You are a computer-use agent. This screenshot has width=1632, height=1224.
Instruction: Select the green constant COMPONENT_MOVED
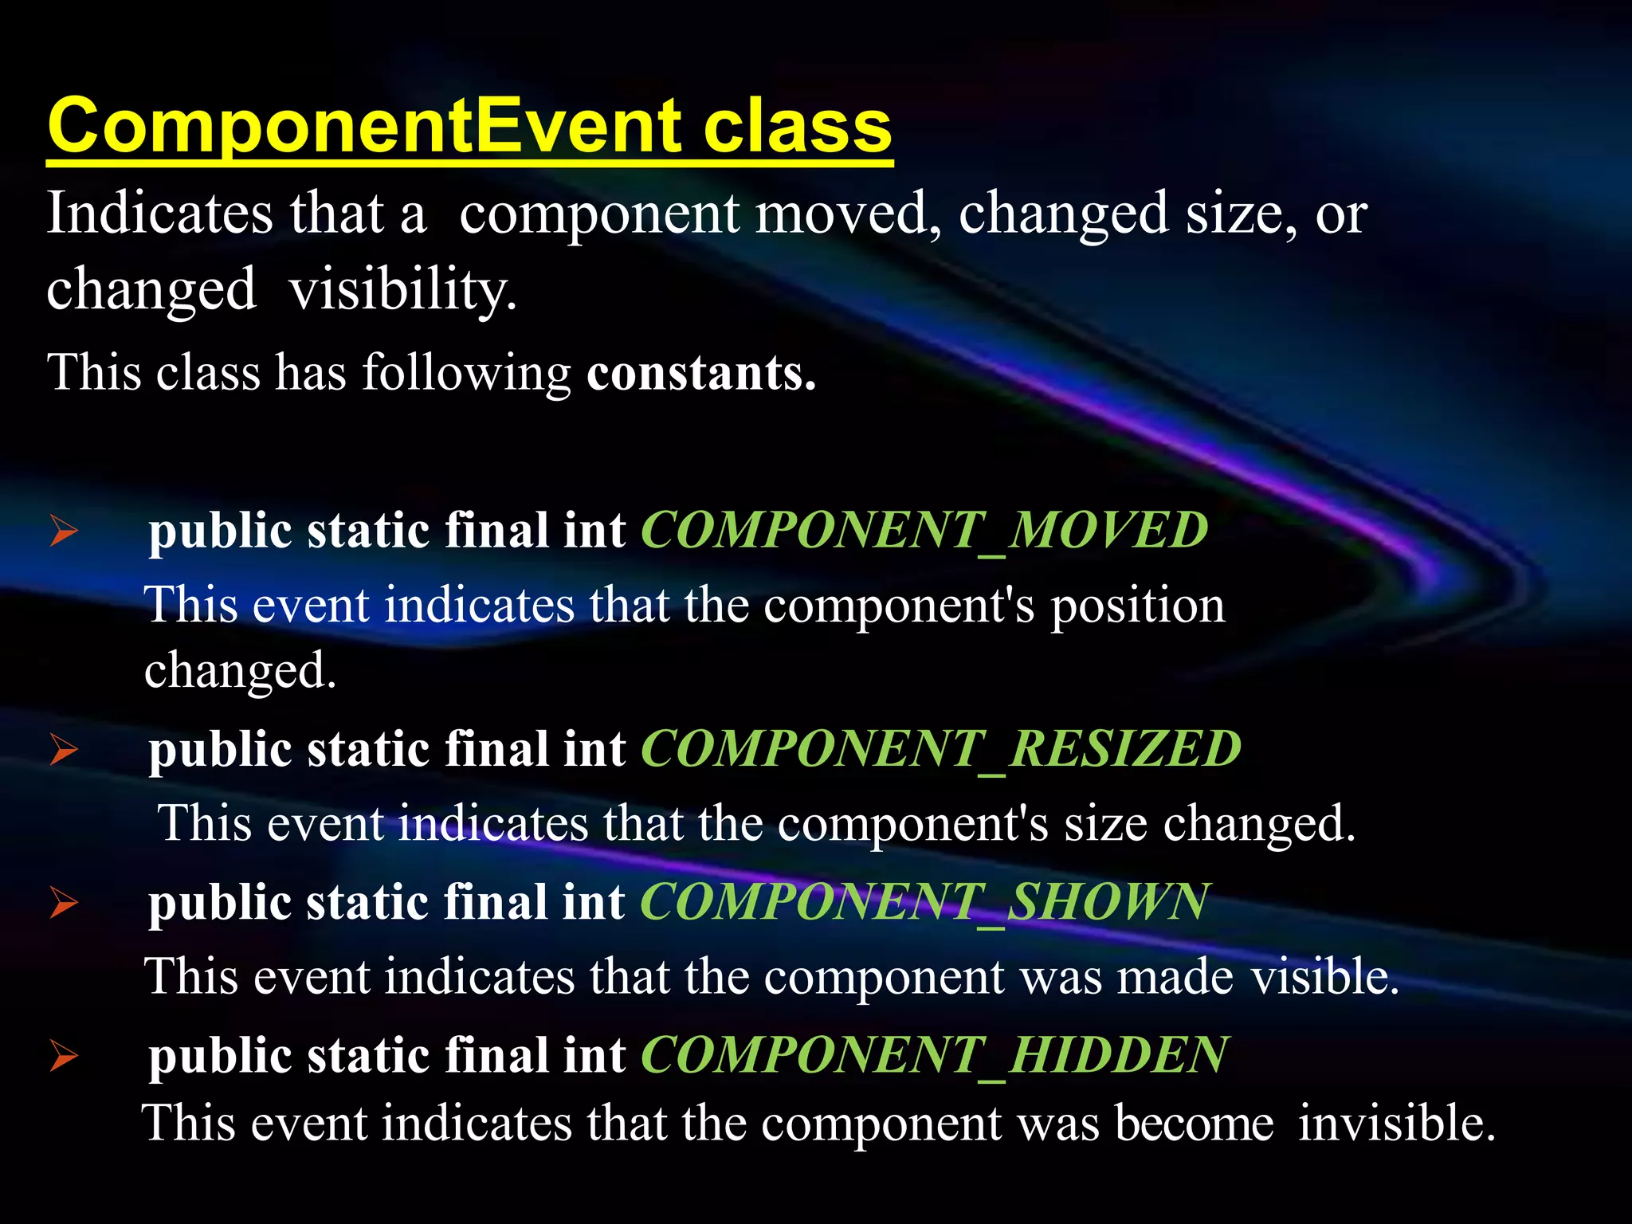924,530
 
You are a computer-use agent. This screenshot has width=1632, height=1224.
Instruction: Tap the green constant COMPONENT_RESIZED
940,748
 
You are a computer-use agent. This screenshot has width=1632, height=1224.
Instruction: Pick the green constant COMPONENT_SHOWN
924,901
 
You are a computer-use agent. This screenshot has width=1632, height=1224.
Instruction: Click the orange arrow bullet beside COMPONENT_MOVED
64,531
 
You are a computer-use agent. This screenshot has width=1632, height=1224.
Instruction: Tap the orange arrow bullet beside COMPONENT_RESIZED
64,749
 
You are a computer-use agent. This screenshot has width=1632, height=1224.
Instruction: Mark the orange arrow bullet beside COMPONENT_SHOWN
64,902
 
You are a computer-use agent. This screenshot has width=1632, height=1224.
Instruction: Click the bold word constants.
701,373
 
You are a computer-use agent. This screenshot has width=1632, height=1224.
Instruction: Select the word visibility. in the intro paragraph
403,289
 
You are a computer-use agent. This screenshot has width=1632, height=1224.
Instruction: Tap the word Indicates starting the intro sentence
159,214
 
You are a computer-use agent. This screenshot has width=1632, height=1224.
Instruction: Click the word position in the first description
1137,606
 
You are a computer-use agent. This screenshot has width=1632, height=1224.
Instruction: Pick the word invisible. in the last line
1396,1124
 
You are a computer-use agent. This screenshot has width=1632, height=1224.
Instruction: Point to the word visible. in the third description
1324,977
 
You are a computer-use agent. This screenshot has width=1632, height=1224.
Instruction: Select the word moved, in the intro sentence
848,214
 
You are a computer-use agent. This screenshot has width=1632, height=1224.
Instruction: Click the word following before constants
466,373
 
